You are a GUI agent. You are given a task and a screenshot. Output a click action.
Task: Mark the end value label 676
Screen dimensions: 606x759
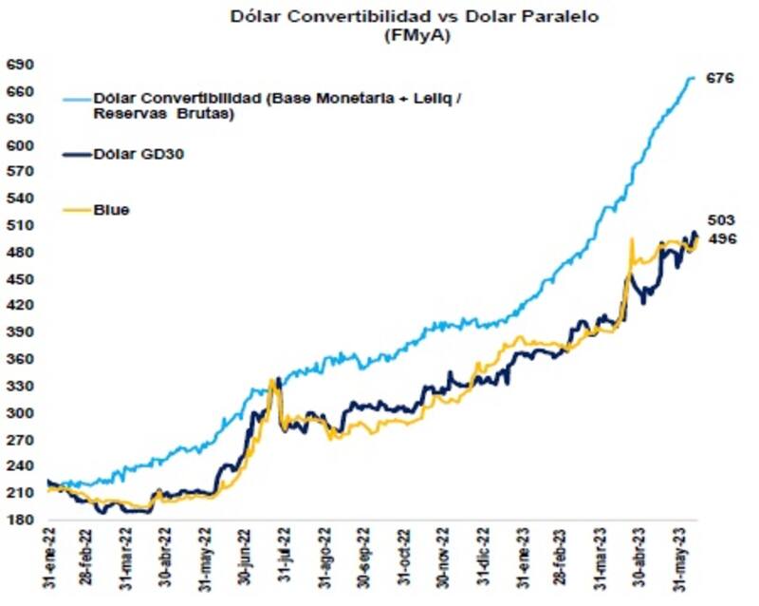click(721, 79)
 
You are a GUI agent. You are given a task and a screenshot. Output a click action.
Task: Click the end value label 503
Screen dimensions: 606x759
click(721, 220)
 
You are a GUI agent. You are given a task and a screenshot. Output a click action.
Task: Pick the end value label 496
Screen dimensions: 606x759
click(721, 238)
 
